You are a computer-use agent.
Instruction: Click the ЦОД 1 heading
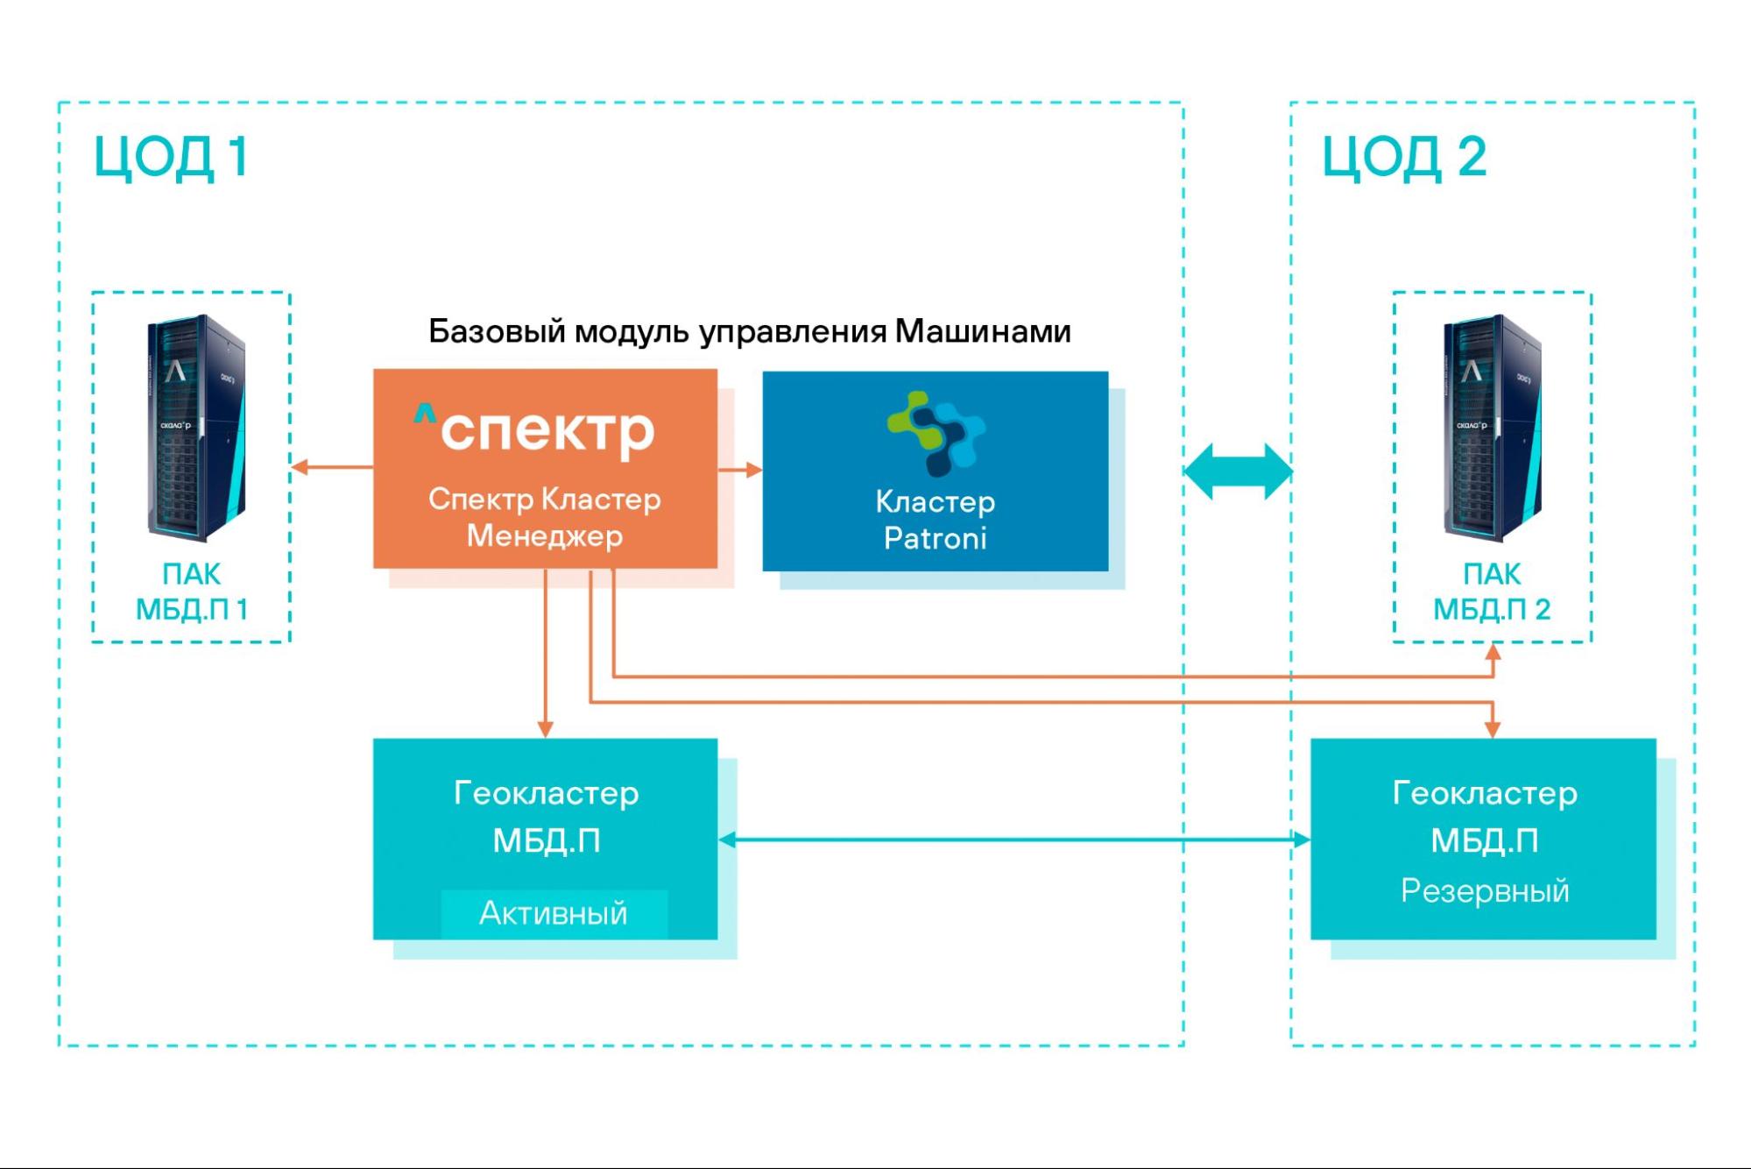[172, 157]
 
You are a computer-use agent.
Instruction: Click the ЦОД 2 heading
[1403, 157]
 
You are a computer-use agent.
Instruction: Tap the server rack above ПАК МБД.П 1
[195, 427]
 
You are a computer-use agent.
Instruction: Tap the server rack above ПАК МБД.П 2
[1492, 427]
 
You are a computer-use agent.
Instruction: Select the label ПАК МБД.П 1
[192, 592]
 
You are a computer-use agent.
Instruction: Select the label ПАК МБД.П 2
[1492, 592]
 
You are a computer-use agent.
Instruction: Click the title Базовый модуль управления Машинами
[749, 331]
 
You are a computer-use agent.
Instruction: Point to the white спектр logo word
[547, 431]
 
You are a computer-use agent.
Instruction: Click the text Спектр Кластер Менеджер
[545, 517]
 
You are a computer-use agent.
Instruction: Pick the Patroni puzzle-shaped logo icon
[935, 433]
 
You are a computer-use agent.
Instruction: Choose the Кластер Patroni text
[935, 520]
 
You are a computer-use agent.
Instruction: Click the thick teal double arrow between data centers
[1238, 471]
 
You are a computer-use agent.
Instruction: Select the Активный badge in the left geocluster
[554, 913]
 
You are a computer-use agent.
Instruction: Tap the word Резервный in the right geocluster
[1484, 890]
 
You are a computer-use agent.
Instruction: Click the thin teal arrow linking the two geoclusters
[1013, 840]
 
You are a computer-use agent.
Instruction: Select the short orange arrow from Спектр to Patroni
[740, 470]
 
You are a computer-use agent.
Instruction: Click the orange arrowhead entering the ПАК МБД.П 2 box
[1493, 652]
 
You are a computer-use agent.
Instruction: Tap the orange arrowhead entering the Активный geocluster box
[545, 728]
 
